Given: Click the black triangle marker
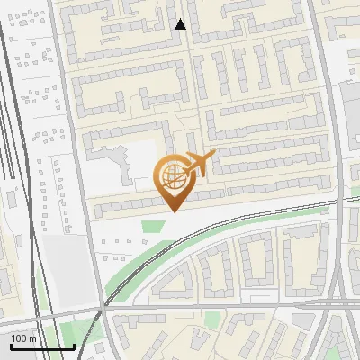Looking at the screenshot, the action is pyautogui.click(x=180, y=24).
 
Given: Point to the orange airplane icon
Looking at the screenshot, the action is pyautogui.click(x=199, y=165).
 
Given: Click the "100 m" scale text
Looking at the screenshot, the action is pyautogui.click(x=24, y=339).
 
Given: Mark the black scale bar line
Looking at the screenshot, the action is pyautogui.click(x=42, y=347).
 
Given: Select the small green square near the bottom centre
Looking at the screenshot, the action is pyautogui.click(x=211, y=319).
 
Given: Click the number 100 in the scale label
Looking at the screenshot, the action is pyautogui.click(x=19, y=339).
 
